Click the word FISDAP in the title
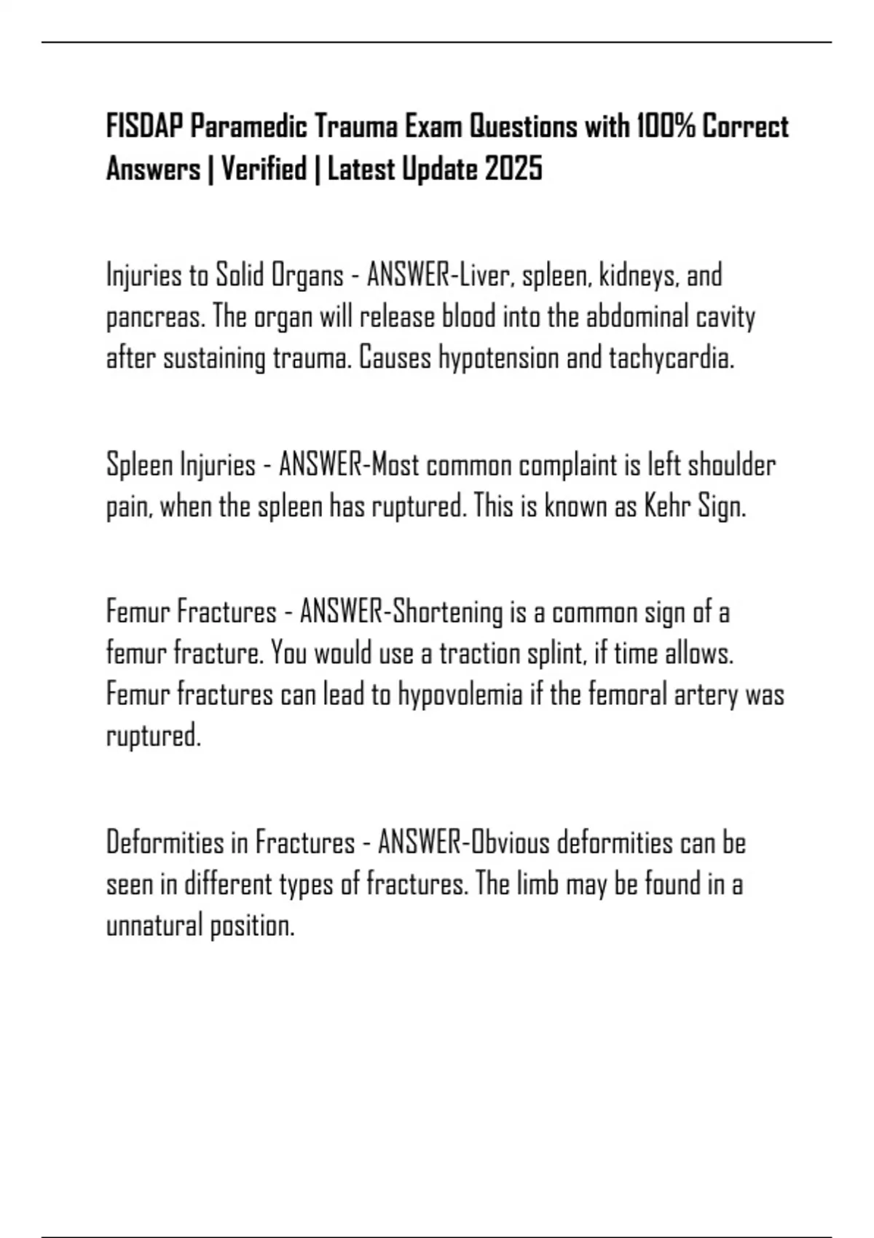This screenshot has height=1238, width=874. point(145,127)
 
